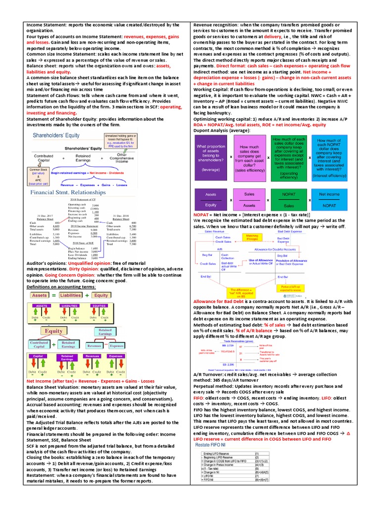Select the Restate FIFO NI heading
(x=210, y=446)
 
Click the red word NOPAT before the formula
(x=202, y=215)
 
